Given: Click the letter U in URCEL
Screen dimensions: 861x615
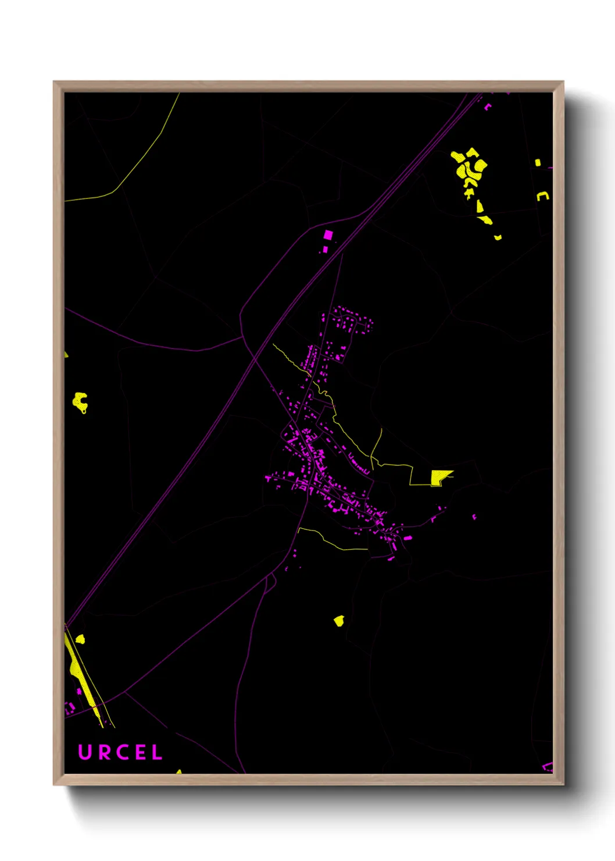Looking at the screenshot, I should coord(85,752).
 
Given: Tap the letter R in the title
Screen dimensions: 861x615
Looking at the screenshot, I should coord(102,752).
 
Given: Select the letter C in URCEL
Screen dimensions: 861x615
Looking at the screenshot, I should coord(120,752).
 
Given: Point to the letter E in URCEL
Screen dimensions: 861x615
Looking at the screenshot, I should coord(138,752).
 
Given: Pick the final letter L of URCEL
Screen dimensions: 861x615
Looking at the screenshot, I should coord(156,752).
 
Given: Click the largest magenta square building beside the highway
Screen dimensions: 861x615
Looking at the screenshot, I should coord(328,235).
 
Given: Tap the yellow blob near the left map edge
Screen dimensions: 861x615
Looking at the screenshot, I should coord(80,401).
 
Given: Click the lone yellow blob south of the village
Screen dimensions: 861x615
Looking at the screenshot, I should coord(339,621).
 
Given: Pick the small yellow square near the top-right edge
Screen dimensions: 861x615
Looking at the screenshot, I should coord(538,163).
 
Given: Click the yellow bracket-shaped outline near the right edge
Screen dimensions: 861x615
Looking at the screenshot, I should coord(542,196).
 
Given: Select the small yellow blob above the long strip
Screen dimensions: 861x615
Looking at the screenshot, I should coord(80,639).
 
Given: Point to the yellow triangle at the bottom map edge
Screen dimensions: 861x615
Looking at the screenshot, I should coord(179,772).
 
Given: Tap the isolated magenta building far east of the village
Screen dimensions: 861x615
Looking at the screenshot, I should coord(474,517).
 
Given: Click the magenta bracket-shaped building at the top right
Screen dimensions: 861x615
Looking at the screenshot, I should coord(487,107).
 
